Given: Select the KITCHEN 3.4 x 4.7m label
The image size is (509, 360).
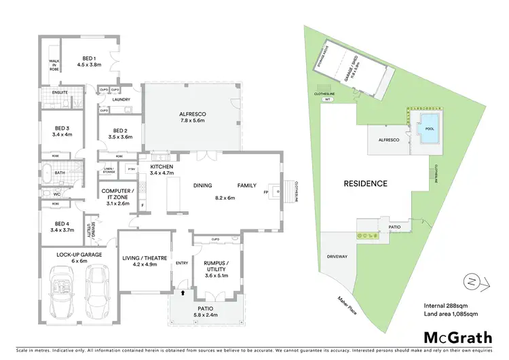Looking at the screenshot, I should [x=162, y=170].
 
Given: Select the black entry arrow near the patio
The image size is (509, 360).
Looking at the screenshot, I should [x=183, y=293].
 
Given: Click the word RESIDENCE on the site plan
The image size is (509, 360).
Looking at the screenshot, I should [x=365, y=183].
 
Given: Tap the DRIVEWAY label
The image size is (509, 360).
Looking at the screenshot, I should [x=337, y=257].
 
